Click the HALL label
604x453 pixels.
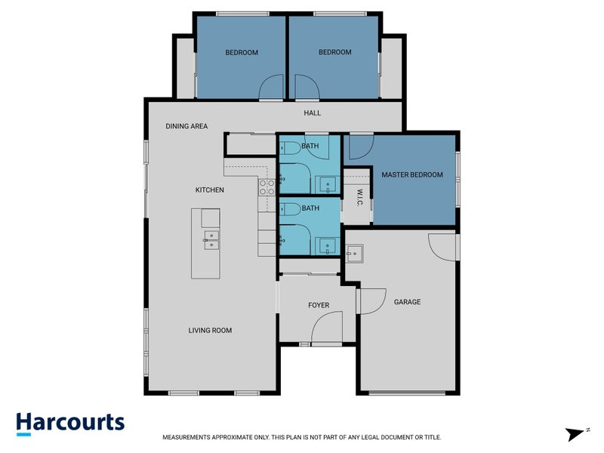click(312, 113)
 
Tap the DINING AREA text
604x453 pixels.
click(186, 126)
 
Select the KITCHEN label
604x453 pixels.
click(209, 190)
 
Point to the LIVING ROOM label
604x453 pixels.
click(210, 330)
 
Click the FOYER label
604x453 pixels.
click(319, 305)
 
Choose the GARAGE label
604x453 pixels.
click(407, 302)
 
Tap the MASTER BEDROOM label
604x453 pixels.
click(411, 174)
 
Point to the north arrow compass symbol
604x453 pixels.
click(576, 433)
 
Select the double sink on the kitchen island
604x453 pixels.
click(211, 241)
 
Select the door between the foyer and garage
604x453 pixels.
click(370, 300)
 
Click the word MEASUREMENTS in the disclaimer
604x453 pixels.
click(189, 437)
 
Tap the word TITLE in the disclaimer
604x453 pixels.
click(431, 437)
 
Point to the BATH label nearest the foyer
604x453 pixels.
click(310, 208)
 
